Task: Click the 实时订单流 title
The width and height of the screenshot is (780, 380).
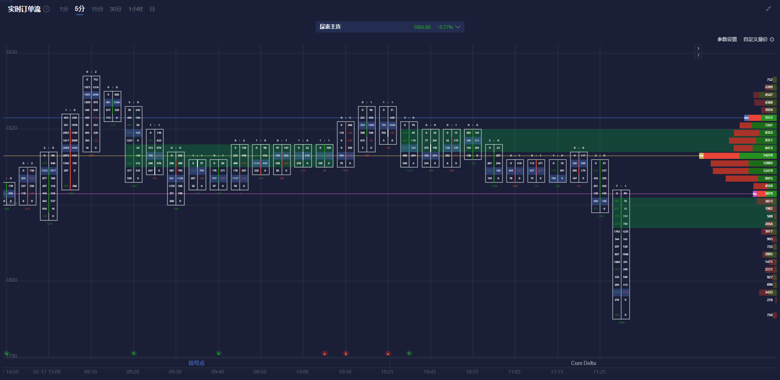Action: pyautogui.click(x=24, y=9)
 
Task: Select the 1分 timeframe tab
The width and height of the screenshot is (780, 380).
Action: pyautogui.click(x=63, y=9)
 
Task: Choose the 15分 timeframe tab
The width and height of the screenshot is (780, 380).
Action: pyautogui.click(x=97, y=9)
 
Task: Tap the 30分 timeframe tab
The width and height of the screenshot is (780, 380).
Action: pyautogui.click(x=115, y=9)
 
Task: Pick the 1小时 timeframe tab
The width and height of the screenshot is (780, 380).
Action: pyautogui.click(x=136, y=9)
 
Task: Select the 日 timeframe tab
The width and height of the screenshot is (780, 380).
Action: pyautogui.click(x=152, y=9)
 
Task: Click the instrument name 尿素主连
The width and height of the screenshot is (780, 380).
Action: pyautogui.click(x=330, y=27)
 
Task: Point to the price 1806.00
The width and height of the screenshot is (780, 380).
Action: pyautogui.click(x=422, y=27)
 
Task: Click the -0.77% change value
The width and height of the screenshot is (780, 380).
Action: pyautogui.click(x=445, y=27)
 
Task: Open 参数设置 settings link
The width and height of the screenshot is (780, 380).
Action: pyautogui.click(x=727, y=39)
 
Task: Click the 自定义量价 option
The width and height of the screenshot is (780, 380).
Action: pyautogui.click(x=755, y=39)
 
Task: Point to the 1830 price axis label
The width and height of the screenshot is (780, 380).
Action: pyautogui.click(x=11, y=52)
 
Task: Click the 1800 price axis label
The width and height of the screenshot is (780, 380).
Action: pyautogui.click(x=11, y=280)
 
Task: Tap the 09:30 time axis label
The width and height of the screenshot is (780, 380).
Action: pyautogui.click(x=175, y=372)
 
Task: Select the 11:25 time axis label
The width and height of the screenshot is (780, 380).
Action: pyautogui.click(x=599, y=372)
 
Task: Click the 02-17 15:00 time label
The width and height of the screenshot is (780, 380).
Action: pyautogui.click(x=47, y=372)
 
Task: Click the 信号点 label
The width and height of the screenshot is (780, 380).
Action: pyautogui.click(x=196, y=363)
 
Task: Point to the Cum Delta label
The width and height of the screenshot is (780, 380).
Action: pyautogui.click(x=583, y=363)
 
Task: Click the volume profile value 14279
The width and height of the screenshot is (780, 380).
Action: pyautogui.click(x=767, y=155)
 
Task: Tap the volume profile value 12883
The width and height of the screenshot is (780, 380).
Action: pyautogui.click(x=767, y=163)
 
